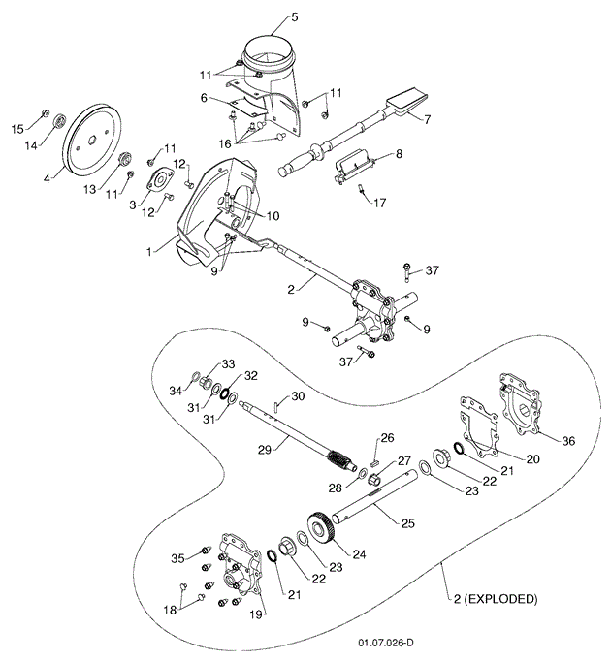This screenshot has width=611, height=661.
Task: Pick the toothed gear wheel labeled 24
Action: click(322, 528)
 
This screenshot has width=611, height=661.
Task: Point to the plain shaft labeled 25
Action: click(374, 497)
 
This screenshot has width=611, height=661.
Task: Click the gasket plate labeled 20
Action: click(478, 426)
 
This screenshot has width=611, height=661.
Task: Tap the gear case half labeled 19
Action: click(239, 565)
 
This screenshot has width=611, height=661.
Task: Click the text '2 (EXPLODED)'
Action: click(496, 599)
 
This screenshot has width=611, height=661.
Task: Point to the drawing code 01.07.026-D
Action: click(386, 643)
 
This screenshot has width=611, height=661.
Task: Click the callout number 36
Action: click(568, 441)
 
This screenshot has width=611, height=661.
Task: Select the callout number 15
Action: click(17, 129)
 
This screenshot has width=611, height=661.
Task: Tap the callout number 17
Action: click(380, 203)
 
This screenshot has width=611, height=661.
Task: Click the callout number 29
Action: click(265, 450)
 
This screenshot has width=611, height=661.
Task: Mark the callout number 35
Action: click(177, 558)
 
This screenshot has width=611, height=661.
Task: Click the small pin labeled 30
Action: click(274, 405)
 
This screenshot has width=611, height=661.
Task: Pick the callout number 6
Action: click(204, 98)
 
